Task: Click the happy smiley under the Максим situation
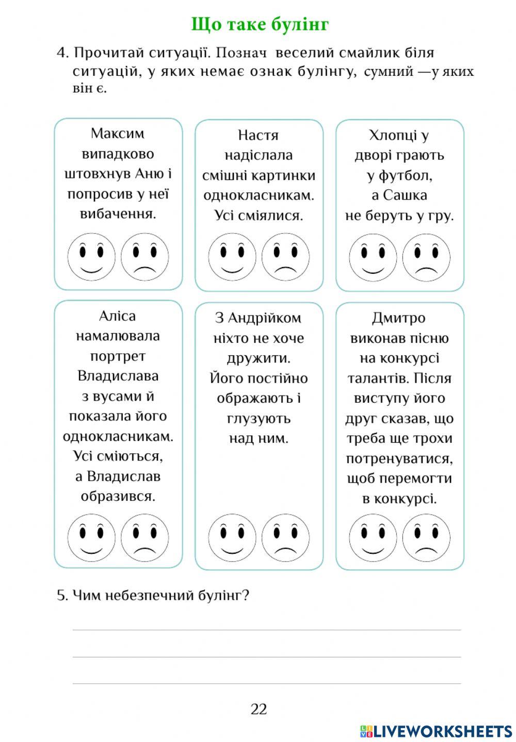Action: click(x=91, y=257)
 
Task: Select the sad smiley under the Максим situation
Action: click(x=145, y=257)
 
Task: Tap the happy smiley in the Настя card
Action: click(x=232, y=257)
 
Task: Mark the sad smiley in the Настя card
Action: click(x=285, y=257)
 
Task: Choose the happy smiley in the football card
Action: click(x=373, y=257)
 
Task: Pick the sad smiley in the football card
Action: click(x=426, y=257)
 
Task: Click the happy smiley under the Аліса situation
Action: click(x=91, y=538)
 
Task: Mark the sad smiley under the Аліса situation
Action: click(x=145, y=538)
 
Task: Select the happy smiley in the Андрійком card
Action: click(x=232, y=538)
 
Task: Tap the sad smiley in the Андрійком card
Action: click(x=285, y=538)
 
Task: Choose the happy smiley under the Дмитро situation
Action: click(x=373, y=538)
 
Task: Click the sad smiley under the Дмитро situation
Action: click(x=426, y=538)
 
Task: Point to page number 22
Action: click(x=259, y=709)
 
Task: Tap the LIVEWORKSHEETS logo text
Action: click(x=443, y=731)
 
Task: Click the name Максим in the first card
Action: click(x=118, y=134)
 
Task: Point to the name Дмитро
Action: click(x=398, y=318)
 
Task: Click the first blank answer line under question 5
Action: click(x=267, y=629)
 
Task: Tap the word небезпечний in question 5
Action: click(x=150, y=596)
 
